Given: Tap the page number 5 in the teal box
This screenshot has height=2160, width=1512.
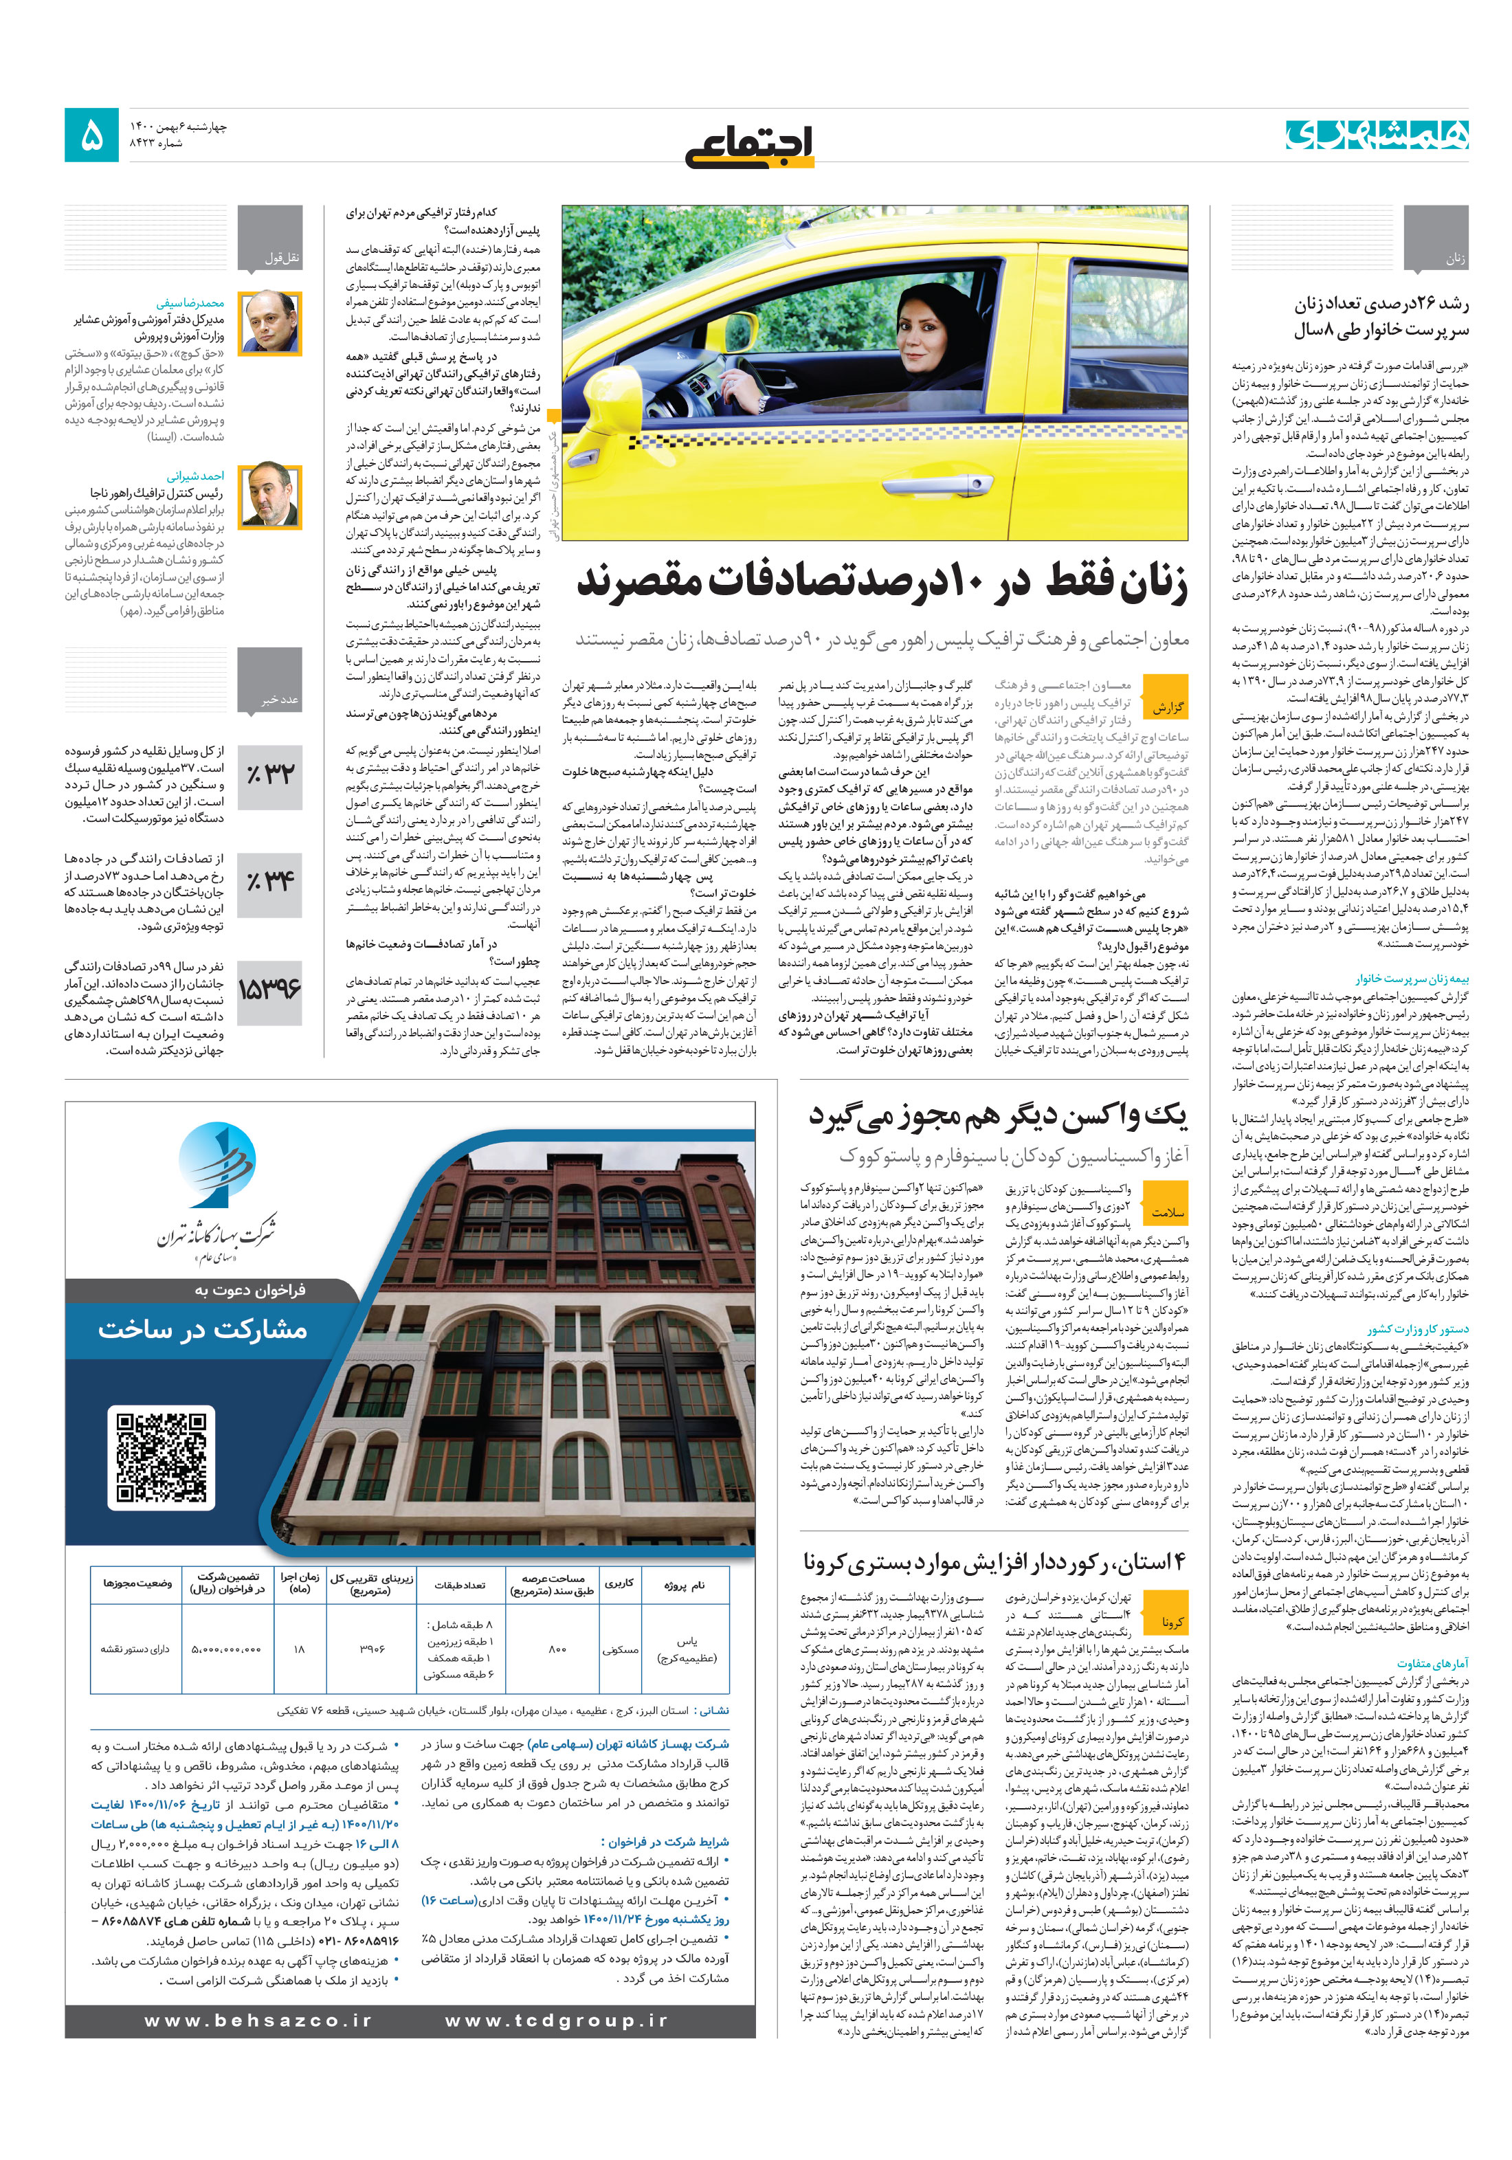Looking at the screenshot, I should coord(91,135).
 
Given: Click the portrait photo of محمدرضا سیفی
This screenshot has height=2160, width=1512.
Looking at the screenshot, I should coord(269,323).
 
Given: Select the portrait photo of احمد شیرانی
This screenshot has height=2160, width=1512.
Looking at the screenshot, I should coord(269,496).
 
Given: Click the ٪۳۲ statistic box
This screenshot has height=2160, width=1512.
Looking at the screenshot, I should coord(269,776).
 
